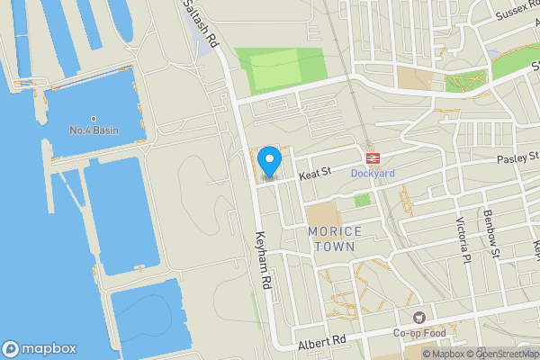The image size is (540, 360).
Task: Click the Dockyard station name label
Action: pyautogui.click(x=373, y=172)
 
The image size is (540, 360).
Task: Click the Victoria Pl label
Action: pyautogui.click(x=463, y=234)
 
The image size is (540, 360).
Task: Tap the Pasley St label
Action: pyautogui.click(x=517, y=158)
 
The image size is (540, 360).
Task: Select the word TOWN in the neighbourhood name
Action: pyautogui.click(x=335, y=246)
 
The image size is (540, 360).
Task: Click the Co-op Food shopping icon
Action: pyautogui.click(x=418, y=318)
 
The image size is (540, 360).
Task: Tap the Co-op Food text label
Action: pyautogui.click(x=418, y=333)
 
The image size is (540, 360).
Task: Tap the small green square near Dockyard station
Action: pyautogui.click(x=362, y=199)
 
